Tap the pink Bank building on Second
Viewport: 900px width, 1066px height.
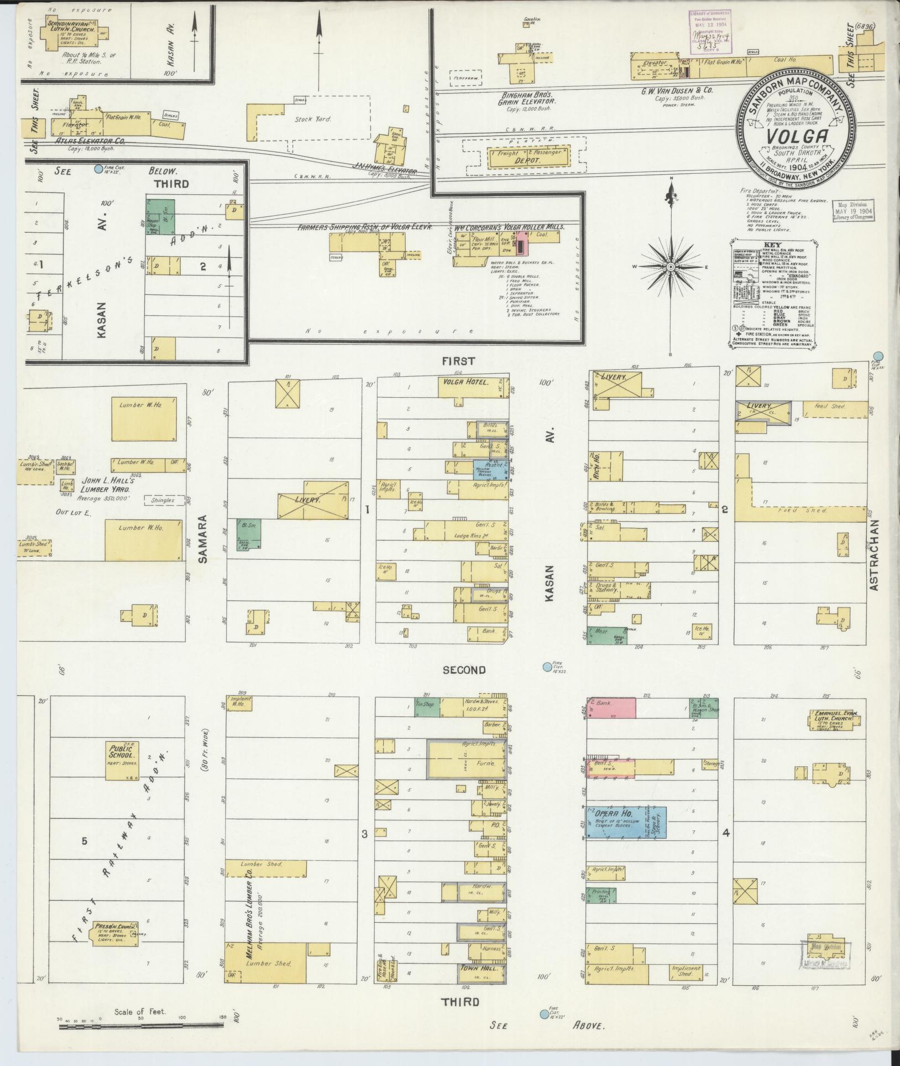(610, 708)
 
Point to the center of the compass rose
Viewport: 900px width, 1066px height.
(671, 267)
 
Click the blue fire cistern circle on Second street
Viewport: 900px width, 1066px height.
(547, 667)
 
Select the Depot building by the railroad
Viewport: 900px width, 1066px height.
(528, 157)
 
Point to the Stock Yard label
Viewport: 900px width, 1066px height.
(312, 119)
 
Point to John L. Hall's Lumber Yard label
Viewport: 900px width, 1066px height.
(106, 485)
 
